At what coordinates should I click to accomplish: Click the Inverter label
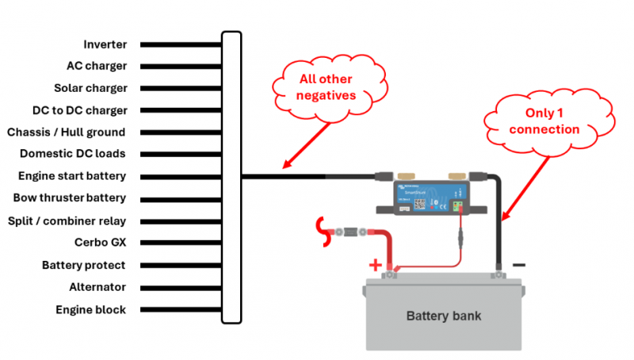click(105, 44)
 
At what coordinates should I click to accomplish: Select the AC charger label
click(97, 67)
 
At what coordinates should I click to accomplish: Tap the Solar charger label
click(90, 88)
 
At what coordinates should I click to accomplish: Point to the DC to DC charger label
click(80, 110)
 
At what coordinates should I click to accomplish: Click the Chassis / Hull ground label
click(66, 132)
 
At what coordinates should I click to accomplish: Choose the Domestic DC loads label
click(73, 154)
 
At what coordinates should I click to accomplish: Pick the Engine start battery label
click(72, 176)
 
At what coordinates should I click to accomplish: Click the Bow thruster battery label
click(70, 198)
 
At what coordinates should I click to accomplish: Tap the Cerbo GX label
click(100, 243)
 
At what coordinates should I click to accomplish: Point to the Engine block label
click(90, 309)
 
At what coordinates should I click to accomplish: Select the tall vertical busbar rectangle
click(231, 177)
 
